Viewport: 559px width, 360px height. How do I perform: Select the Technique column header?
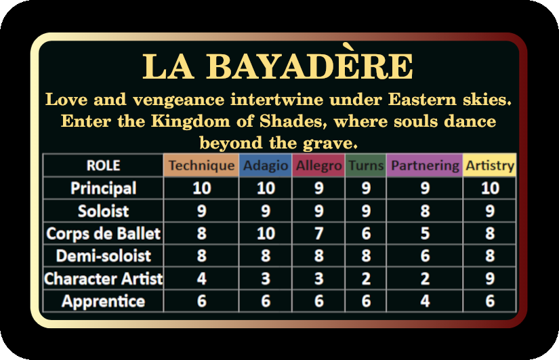(201, 165)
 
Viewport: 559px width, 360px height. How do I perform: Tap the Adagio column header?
(266, 165)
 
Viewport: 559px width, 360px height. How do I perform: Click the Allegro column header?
(318, 165)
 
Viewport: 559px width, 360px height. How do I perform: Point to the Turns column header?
(366, 165)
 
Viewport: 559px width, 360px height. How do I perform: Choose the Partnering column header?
(425, 165)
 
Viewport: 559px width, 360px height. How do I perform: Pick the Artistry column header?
(490, 165)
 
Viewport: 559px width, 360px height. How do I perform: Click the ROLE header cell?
(104, 165)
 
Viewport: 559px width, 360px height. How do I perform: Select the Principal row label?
(104, 188)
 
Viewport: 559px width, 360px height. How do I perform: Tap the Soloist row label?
(104, 211)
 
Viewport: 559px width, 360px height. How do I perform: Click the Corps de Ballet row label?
(104, 233)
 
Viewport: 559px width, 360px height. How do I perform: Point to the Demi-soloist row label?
(104, 256)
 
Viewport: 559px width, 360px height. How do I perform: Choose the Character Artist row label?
(104, 279)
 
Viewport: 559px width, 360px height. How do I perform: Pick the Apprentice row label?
(104, 302)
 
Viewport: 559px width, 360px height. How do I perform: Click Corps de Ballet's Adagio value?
(266, 233)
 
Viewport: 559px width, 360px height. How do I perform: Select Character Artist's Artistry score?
(490, 279)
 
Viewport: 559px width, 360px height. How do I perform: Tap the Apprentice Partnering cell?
(425, 302)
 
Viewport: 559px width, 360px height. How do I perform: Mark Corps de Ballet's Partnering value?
(425, 233)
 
